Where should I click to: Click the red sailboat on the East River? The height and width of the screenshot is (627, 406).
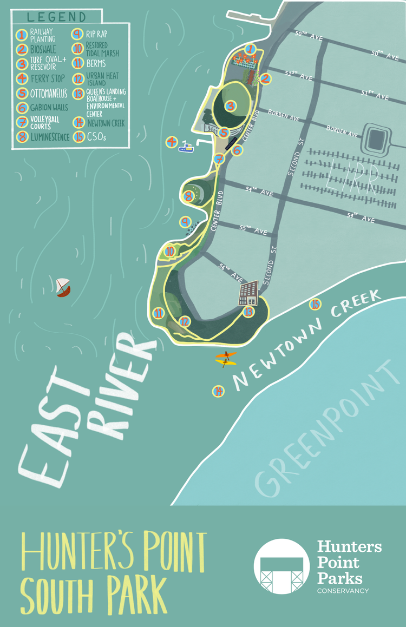point(63,287)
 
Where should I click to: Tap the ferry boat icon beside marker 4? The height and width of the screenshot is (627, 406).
point(186,147)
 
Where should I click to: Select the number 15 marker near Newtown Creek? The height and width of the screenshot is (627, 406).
point(315,304)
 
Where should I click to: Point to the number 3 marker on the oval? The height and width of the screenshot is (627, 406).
point(231,106)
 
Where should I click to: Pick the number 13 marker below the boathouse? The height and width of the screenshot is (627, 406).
point(249,312)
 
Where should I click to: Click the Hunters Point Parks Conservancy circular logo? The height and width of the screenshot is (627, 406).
point(281,566)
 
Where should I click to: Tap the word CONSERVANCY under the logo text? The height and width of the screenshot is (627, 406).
point(342,590)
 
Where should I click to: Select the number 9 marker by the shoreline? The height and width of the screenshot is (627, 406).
point(186,222)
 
